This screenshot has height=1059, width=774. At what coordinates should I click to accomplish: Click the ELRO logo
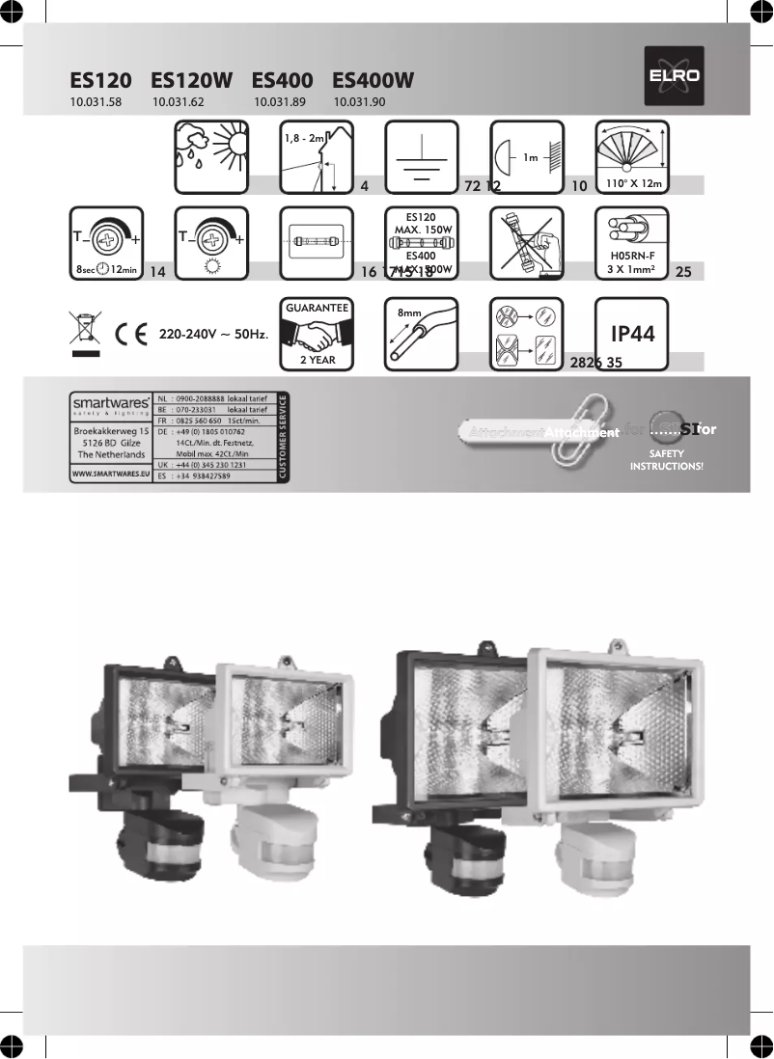[675, 76]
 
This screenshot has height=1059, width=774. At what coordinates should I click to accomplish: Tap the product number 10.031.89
[280, 101]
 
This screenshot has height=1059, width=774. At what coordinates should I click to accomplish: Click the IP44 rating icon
[632, 334]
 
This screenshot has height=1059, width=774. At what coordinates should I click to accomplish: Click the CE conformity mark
[128, 335]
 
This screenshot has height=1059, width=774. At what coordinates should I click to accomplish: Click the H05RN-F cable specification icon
[632, 244]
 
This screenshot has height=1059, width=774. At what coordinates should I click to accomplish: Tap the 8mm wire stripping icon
[422, 334]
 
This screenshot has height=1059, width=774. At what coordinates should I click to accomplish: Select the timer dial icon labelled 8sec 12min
[107, 244]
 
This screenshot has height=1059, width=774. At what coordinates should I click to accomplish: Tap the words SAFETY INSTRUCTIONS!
[666, 459]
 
